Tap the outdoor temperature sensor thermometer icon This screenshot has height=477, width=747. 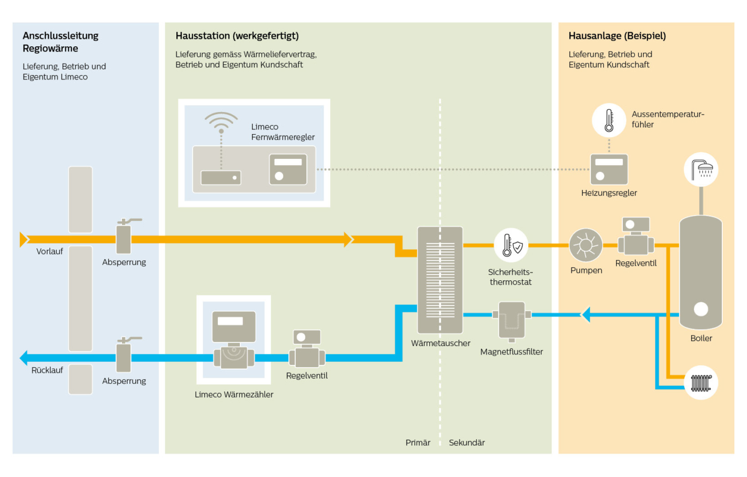[609, 120]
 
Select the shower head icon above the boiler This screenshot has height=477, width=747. [701, 170]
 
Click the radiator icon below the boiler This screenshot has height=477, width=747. [701, 383]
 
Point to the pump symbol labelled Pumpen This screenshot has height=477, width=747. [586, 245]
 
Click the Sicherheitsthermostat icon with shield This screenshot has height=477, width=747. [511, 245]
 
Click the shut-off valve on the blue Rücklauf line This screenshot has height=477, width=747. [124, 354]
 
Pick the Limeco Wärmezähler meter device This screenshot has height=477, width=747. [234, 340]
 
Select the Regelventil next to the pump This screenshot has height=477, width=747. [636, 236]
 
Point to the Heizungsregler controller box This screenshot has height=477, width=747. [609, 169]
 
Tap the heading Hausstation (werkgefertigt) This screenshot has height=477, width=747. [237, 36]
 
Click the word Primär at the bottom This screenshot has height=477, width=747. [418, 443]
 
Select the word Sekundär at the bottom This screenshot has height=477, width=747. [467, 443]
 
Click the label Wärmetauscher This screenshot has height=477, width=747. [440, 343]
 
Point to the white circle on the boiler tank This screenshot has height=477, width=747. [701, 309]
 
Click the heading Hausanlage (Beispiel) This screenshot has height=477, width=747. [617, 36]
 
